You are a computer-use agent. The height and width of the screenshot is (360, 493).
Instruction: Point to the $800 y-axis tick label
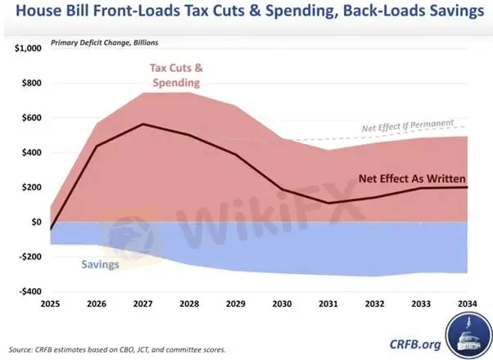[30, 83]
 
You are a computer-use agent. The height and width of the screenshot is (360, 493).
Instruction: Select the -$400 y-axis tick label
[29, 291]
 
